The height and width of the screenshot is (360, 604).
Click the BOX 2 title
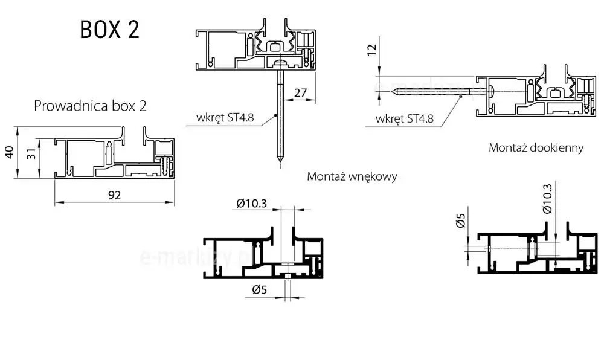tap(109, 30)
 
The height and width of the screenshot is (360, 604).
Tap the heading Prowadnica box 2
tap(90, 106)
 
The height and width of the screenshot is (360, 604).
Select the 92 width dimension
tap(115, 195)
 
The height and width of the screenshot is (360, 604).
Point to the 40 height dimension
tap(8, 152)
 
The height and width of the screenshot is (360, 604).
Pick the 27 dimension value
tap(301, 92)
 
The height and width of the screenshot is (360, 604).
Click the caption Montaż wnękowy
tap(352, 176)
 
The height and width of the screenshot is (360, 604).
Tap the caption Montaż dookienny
tap(536, 147)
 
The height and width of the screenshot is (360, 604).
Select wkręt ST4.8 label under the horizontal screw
tap(404, 118)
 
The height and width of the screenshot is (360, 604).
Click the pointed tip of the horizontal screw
tap(393, 92)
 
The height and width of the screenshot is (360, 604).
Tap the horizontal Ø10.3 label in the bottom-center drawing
tap(252, 204)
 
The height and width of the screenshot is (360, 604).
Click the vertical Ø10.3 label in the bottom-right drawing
tap(547, 199)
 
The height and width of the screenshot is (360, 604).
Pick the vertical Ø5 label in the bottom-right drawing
tap(461, 222)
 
